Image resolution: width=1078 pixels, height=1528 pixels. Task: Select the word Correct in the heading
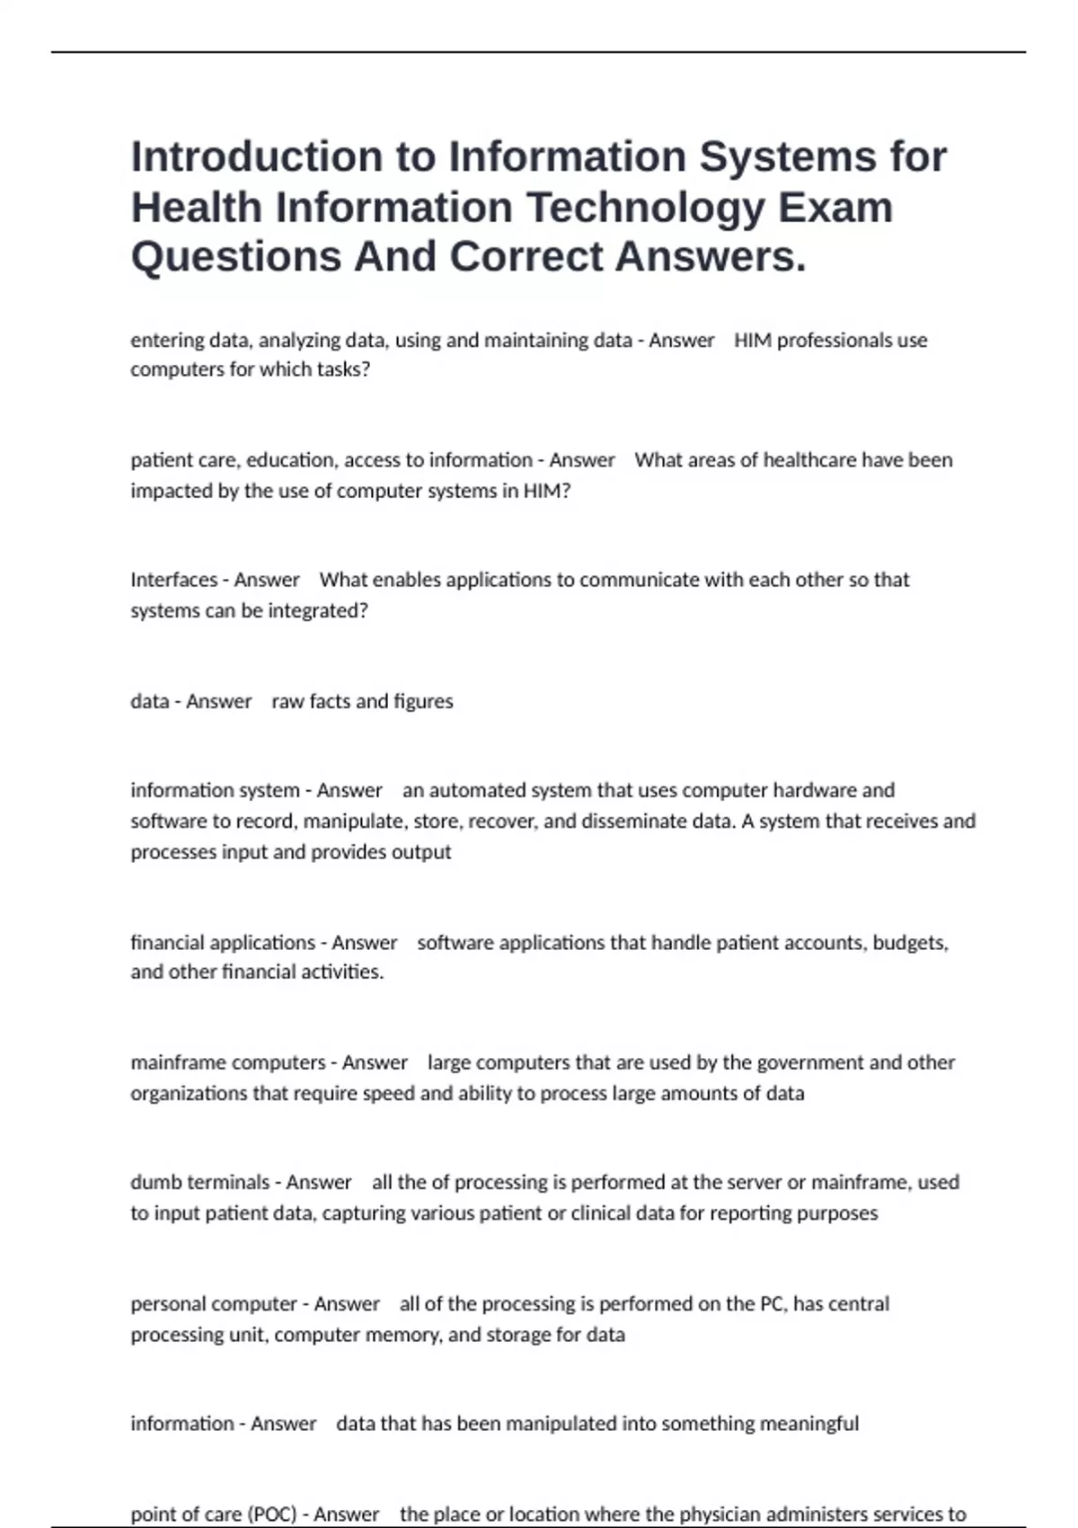(x=526, y=257)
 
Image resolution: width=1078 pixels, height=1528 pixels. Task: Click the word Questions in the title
(x=235, y=257)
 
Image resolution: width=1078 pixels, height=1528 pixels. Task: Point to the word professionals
(x=830, y=341)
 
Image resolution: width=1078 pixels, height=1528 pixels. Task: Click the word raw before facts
(x=287, y=701)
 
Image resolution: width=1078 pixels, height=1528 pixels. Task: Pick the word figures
(x=423, y=701)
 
